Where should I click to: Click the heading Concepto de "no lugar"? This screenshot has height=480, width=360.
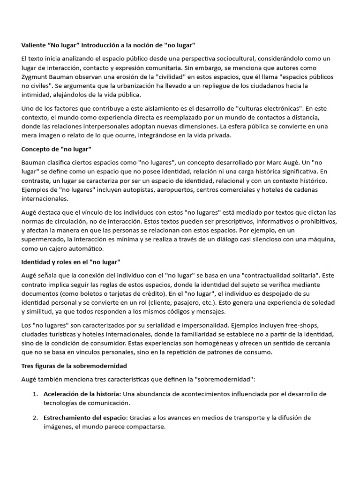pos(56,149)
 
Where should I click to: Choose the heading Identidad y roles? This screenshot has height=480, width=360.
pos(52,261)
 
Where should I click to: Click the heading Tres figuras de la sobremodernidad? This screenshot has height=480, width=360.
pos(74,365)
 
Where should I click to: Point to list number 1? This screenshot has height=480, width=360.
pos(35,394)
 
